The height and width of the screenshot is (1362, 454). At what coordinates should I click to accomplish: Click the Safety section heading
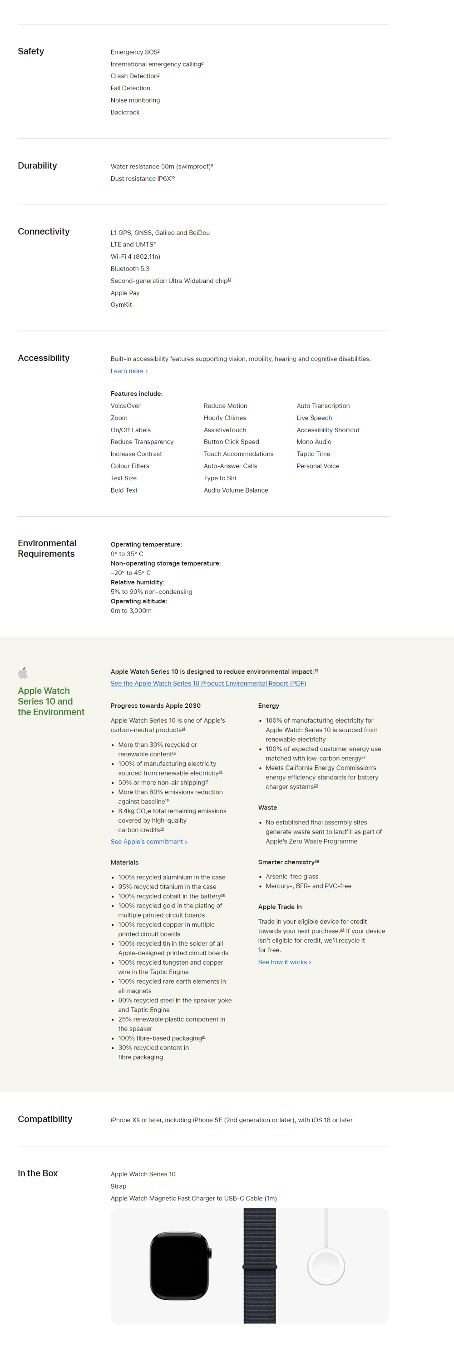point(31,51)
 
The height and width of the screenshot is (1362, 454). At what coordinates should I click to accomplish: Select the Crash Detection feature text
point(134,76)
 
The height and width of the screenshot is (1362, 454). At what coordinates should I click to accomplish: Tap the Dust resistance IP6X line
point(141,179)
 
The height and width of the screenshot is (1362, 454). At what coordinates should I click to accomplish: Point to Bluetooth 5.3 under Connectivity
point(129,269)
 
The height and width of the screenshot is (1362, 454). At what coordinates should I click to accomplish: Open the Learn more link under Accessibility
point(128,371)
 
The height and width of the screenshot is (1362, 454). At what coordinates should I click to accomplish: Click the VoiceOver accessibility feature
point(125,406)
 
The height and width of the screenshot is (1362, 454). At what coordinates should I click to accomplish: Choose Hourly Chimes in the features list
point(225,418)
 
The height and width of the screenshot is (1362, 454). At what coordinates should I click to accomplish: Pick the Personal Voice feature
point(318,466)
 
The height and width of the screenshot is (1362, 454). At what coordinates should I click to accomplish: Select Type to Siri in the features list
point(220,479)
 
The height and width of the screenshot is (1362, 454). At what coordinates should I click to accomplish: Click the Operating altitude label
point(138,601)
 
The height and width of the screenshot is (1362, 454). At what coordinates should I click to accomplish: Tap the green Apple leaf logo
point(23,672)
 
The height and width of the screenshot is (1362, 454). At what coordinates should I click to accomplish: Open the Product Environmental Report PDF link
point(208,684)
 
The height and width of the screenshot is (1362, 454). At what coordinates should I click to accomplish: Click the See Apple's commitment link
point(148,842)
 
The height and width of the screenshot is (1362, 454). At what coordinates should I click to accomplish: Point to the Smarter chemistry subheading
point(287,862)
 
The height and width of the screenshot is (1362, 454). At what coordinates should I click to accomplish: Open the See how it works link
point(284,962)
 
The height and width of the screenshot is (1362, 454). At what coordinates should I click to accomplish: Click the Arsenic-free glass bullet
point(292,877)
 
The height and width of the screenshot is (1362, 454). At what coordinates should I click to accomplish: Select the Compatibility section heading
point(45,1119)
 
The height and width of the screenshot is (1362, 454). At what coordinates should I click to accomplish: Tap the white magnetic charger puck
point(326,1266)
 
